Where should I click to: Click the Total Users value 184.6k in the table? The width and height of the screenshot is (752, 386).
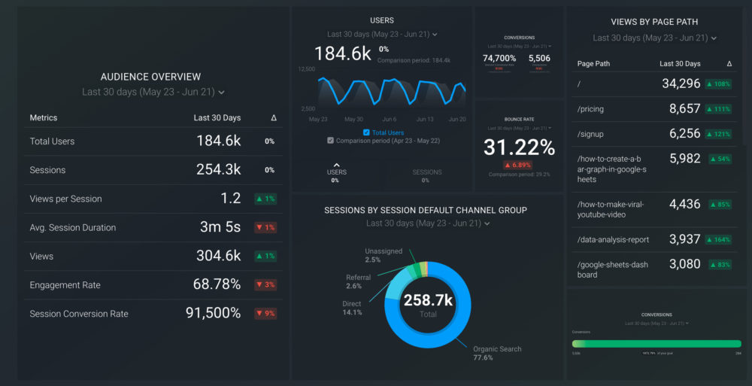pos(218,141)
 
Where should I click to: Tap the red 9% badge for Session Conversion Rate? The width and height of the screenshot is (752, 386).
pos(265,314)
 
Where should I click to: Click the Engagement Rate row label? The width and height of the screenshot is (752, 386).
pos(65,285)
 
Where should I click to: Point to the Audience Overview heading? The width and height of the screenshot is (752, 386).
pos(150,77)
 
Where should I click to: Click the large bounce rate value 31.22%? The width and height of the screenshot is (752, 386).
pos(519,147)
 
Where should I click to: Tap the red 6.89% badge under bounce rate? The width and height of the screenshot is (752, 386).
pos(519,165)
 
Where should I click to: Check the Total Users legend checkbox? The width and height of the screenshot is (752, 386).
pos(366,132)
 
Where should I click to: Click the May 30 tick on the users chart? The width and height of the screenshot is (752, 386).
pos(353,120)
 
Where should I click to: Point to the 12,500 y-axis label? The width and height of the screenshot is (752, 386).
pos(306,69)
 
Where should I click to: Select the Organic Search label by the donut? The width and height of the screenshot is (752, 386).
pos(497,349)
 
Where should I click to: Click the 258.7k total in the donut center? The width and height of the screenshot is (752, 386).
pos(427,300)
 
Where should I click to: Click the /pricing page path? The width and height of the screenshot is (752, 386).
pos(590,109)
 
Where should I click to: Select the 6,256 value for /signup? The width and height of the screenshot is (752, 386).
pos(684,133)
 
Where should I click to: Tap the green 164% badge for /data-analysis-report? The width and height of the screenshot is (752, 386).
pos(718,240)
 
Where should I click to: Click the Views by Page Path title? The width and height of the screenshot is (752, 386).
pos(654,22)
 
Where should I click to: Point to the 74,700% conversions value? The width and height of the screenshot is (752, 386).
pos(499,58)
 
